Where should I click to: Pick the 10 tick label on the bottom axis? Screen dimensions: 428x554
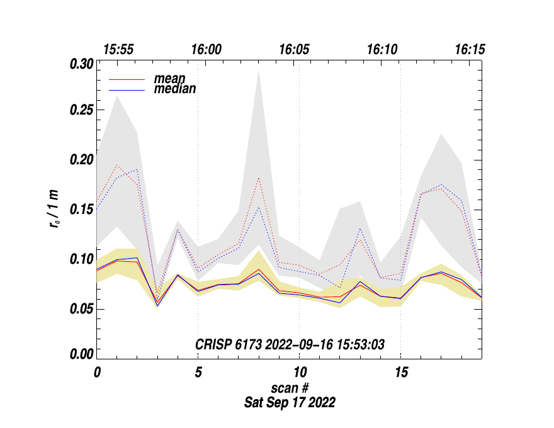[x=299, y=372]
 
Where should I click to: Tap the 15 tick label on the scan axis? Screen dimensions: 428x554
[x=400, y=372]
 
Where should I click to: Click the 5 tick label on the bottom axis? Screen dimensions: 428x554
[x=198, y=372]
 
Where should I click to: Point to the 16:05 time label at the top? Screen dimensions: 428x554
[x=295, y=50]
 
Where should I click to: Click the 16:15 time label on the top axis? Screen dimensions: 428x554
[x=470, y=50]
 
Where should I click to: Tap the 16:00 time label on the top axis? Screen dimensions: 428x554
[x=206, y=50]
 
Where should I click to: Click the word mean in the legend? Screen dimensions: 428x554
[x=169, y=79]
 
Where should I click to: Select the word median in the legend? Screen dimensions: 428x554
[x=175, y=89]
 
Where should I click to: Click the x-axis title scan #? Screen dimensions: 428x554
[x=290, y=387]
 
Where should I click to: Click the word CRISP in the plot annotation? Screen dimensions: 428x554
[x=213, y=344]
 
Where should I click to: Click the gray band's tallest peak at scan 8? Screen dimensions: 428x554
[x=259, y=70]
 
